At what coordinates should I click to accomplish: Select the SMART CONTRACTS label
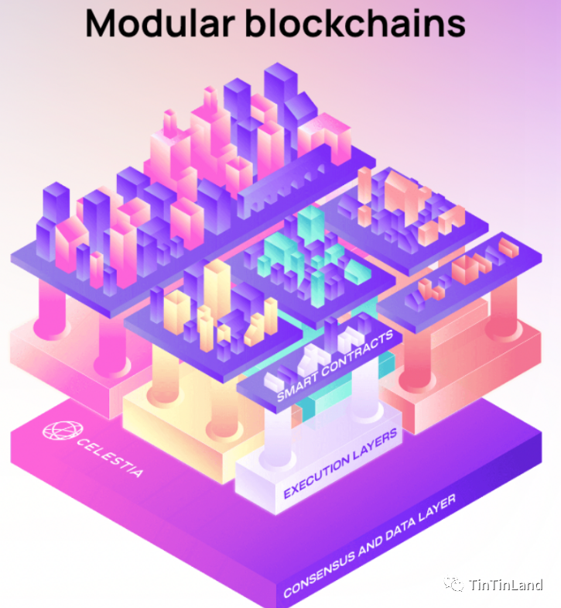tap(336, 365)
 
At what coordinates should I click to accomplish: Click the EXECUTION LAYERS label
tap(341, 462)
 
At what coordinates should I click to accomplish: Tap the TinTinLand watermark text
tap(507, 584)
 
